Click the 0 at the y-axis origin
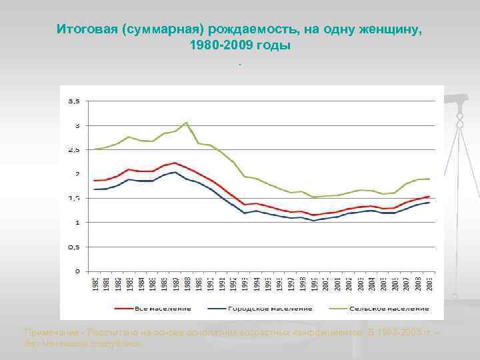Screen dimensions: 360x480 tap(78, 271)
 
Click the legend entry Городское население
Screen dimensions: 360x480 tap(269, 309)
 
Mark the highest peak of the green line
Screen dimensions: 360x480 tap(187, 123)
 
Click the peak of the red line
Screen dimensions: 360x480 tap(175, 163)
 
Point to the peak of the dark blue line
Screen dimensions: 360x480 tap(175, 172)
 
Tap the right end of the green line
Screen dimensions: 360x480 tap(429, 179)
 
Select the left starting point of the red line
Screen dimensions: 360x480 tap(94, 181)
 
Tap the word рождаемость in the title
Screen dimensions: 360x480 tap(247, 30)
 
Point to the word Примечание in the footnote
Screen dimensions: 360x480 tap(51, 331)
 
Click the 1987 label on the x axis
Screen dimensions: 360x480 tap(175, 283)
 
